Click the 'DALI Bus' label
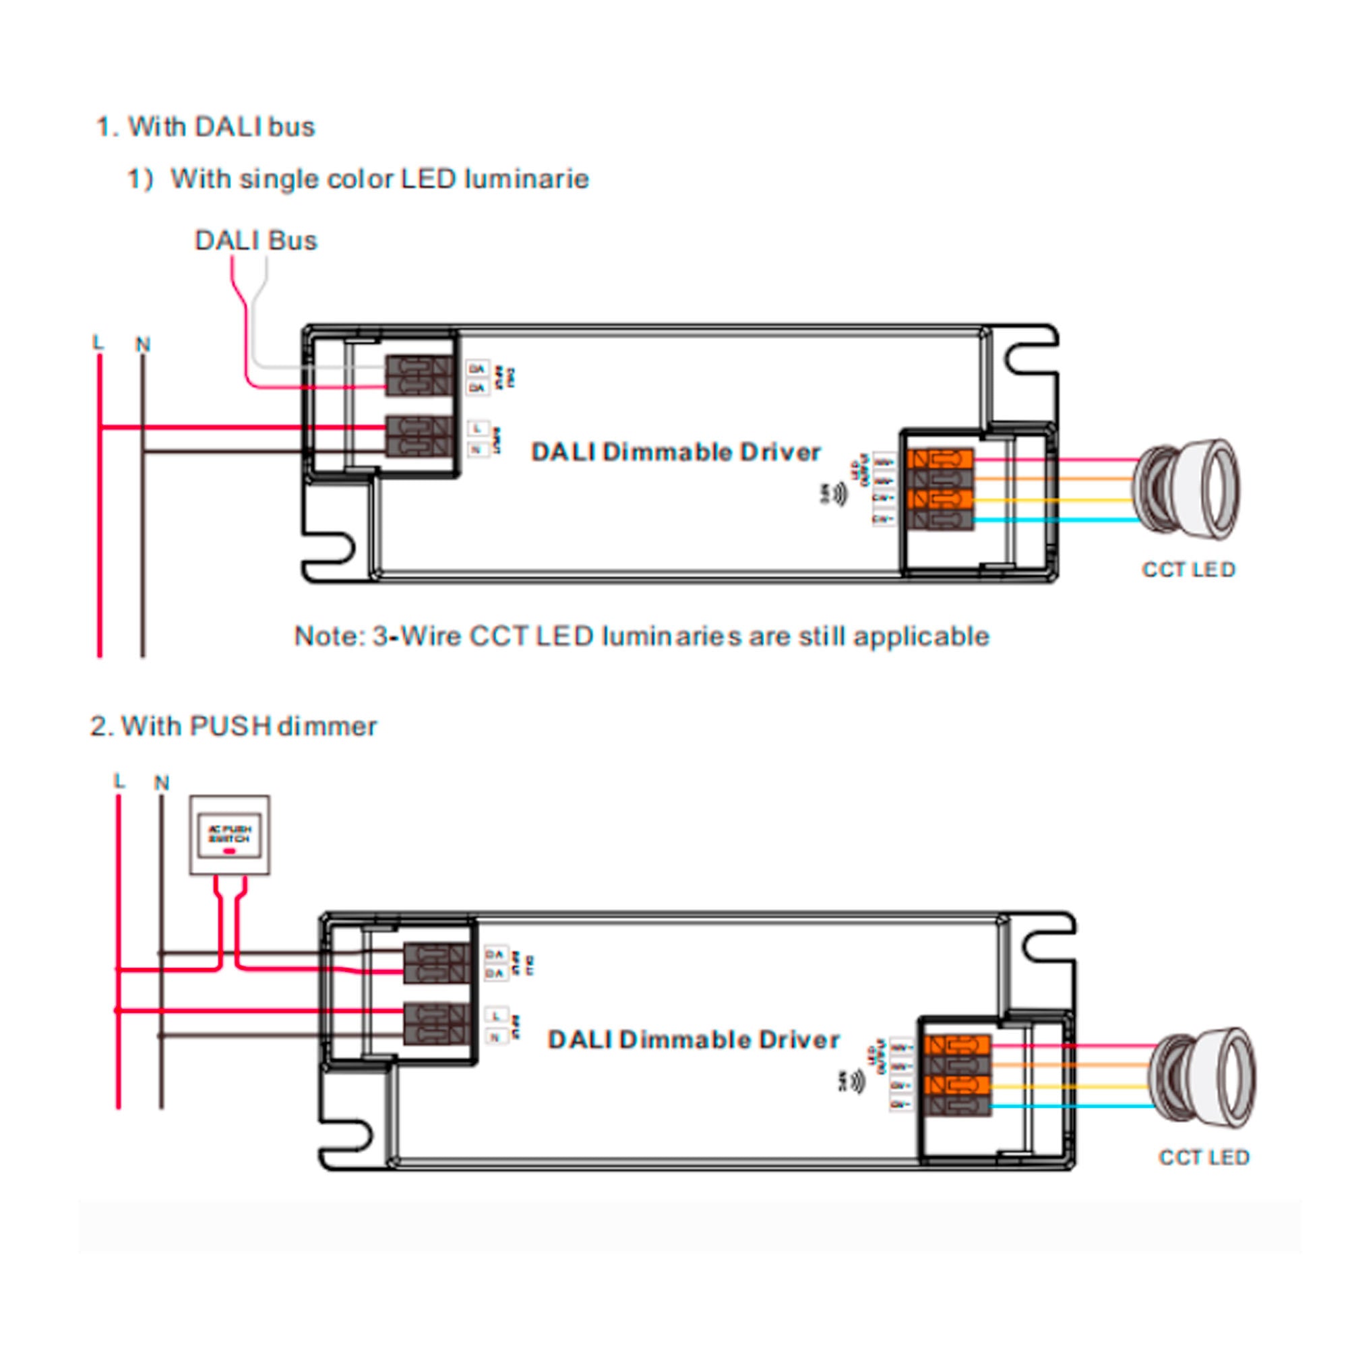tap(255, 241)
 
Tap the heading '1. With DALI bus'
tap(205, 127)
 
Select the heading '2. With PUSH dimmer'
tap(233, 727)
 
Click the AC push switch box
tap(230, 835)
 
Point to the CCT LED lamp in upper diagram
tap(1186, 489)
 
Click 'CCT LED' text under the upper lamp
tap(1188, 570)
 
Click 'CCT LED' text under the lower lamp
tap(1204, 1157)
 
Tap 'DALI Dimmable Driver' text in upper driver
tap(675, 452)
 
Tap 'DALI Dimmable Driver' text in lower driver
tap(694, 1040)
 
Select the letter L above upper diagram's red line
tap(98, 342)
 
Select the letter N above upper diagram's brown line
tap(143, 344)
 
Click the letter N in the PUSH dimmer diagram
tap(162, 783)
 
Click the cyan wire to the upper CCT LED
tap(1053, 520)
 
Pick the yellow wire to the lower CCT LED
tap(1068, 1086)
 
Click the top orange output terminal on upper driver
tap(940, 459)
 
